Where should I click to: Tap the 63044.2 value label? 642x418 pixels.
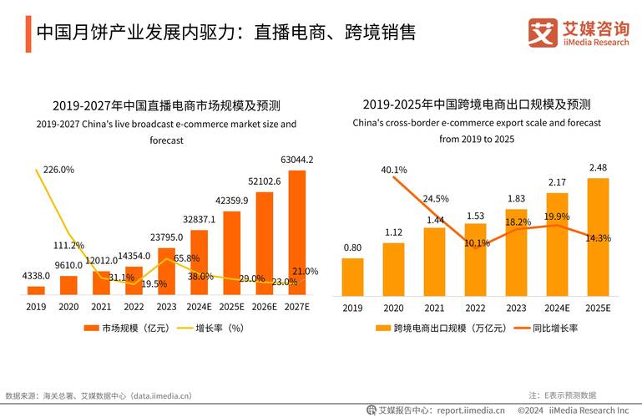point(296,160)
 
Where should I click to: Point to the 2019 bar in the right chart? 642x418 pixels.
point(352,276)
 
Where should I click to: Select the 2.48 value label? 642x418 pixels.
point(598,168)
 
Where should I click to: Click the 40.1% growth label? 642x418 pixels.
point(393,171)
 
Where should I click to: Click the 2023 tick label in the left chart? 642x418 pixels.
point(166,307)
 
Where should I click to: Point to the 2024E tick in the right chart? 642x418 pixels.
point(557,307)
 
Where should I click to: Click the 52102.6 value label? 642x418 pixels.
point(265,181)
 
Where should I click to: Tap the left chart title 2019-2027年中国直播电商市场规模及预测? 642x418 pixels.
point(166,106)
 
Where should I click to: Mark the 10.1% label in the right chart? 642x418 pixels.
point(476,244)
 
